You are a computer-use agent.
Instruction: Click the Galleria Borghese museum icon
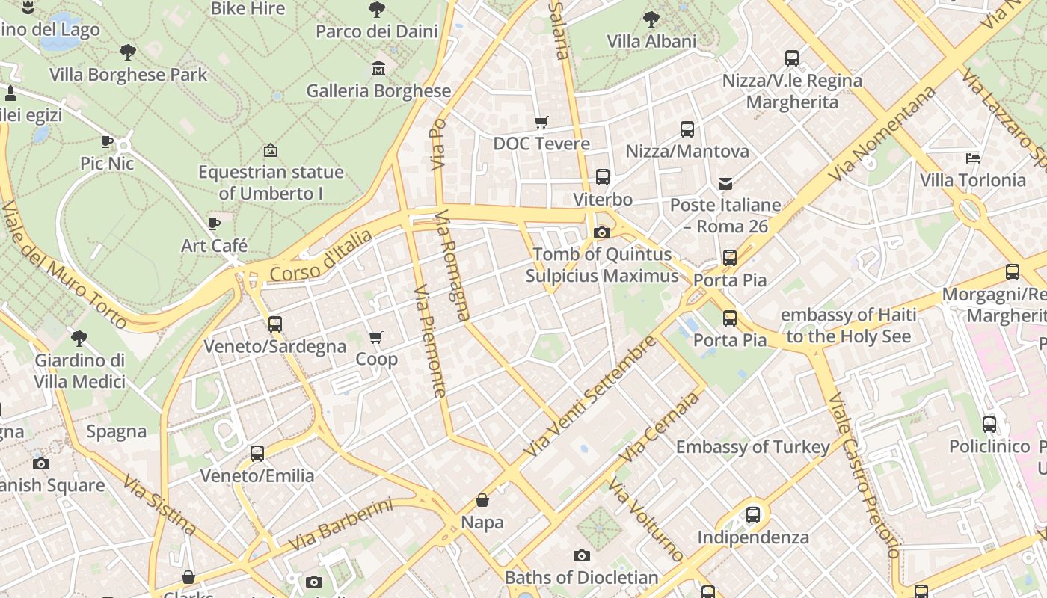click(x=378, y=69)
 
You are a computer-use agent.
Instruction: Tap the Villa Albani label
click(x=651, y=41)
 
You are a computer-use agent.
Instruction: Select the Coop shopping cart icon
click(x=376, y=338)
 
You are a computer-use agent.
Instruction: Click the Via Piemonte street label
click(x=430, y=341)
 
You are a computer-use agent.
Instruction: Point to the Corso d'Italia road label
click(x=321, y=256)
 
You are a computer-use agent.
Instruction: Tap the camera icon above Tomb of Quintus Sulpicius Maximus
click(x=601, y=233)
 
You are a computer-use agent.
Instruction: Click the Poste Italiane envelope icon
click(x=725, y=183)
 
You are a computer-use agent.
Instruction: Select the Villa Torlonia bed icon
click(x=972, y=158)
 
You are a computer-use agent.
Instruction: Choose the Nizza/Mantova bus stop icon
click(x=687, y=129)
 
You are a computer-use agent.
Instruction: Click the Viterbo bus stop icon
click(x=603, y=177)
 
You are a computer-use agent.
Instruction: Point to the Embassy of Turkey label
click(x=752, y=447)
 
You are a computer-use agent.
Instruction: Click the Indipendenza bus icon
click(x=753, y=515)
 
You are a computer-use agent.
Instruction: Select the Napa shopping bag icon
click(x=482, y=500)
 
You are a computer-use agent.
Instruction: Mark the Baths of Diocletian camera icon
click(x=582, y=555)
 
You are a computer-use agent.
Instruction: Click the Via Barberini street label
click(x=340, y=525)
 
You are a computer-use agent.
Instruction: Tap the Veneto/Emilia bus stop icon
click(x=257, y=454)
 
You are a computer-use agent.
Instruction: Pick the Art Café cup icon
click(x=214, y=224)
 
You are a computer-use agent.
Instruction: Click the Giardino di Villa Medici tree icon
click(x=79, y=338)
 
